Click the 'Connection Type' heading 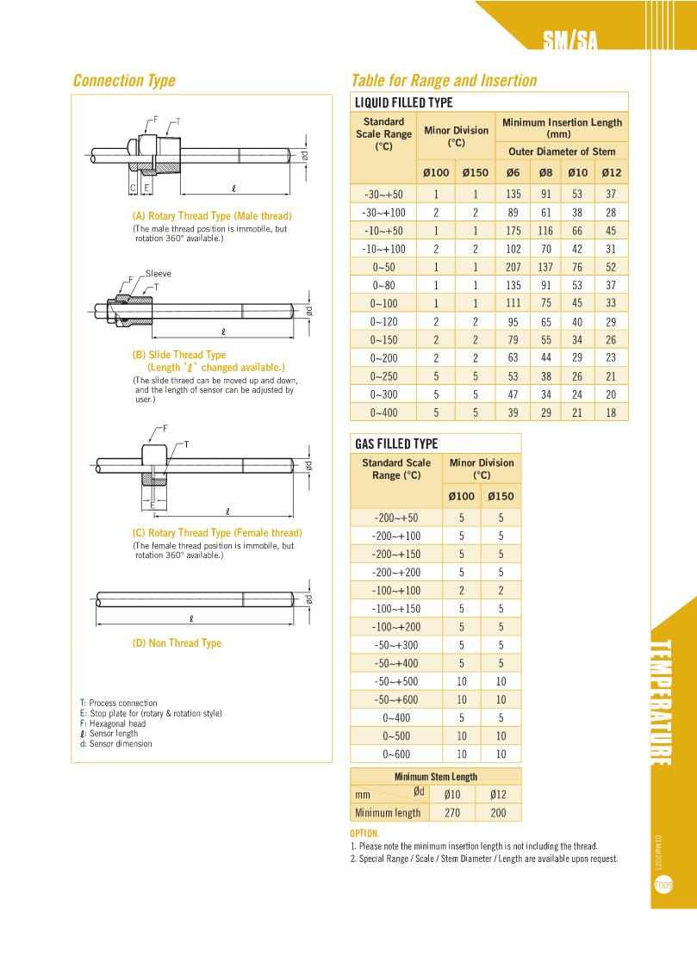124,81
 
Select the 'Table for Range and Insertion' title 444,81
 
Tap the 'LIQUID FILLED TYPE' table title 404,102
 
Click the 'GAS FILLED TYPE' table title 396,443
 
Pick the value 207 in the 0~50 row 513,267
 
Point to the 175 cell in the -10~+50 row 513,231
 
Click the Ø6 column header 513,172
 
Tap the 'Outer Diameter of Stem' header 561,152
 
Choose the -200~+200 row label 396,572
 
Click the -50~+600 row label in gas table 396,699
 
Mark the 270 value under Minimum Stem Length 452,812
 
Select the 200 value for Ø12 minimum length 497,812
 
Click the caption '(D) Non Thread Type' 177,642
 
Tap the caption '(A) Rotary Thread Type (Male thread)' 211,215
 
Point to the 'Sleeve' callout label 159,273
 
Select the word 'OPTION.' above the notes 364,834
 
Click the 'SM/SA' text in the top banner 570,41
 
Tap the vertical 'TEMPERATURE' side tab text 660,702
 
